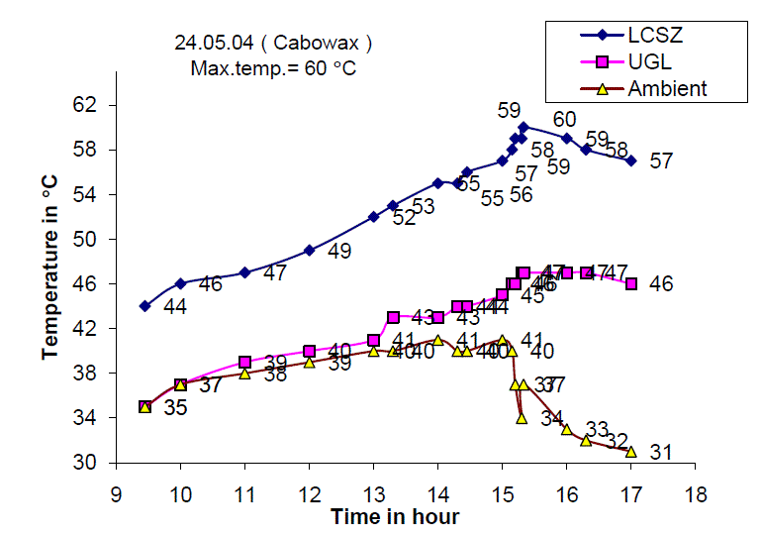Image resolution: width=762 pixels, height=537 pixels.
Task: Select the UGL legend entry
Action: (648, 61)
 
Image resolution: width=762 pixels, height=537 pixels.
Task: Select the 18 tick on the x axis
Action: (695, 492)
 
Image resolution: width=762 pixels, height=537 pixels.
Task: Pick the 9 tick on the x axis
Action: (116, 492)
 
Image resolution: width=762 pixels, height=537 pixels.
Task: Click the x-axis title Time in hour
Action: (395, 516)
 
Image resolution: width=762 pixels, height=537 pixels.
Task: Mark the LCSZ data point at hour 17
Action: (630, 161)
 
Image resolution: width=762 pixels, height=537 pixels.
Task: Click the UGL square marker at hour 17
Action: (630, 283)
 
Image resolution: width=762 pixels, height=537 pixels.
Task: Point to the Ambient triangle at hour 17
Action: (630, 451)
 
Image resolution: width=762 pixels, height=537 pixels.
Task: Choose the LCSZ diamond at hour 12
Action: (309, 250)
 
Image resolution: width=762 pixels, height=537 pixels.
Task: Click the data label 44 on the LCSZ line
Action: (174, 308)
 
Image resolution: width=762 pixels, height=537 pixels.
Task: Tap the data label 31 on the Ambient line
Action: (660, 453)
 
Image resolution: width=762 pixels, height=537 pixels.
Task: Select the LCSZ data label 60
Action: (564, 120)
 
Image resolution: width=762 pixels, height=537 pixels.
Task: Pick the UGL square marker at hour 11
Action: (244, 362)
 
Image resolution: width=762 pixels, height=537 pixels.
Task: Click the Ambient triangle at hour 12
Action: (309, 362)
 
